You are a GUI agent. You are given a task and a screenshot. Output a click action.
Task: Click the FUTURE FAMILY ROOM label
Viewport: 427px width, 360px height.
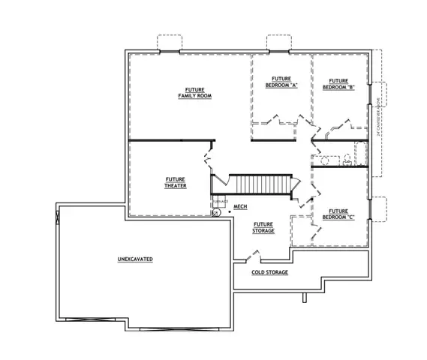coord(194,92)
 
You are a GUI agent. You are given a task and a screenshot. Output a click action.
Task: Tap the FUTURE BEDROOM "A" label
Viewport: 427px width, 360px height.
coord(281,82)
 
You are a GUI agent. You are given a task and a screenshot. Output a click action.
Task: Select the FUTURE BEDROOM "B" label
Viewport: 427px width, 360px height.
coord(338,84)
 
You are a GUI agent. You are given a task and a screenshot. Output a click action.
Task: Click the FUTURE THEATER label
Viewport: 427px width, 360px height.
coord(176,182)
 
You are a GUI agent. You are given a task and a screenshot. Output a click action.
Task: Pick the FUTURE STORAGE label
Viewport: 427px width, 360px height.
coord(263,227)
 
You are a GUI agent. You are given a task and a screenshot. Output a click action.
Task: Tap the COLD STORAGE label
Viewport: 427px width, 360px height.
coord(269,272)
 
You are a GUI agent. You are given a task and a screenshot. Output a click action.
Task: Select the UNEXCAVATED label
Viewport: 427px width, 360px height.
coord(135,259)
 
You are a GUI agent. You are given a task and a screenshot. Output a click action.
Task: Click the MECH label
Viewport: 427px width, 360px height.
coord(240,205)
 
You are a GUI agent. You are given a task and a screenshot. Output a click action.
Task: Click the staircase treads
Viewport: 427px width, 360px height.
coord(259,184)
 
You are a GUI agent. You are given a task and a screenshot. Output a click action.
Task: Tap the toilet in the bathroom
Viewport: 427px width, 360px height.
coord(347,160)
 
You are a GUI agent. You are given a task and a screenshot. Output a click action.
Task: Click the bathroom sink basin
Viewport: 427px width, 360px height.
coord(326,160)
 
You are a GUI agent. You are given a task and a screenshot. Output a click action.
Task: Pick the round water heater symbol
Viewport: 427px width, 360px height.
coord(216,213)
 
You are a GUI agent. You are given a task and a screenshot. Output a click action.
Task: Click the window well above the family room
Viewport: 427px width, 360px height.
coord(169,42)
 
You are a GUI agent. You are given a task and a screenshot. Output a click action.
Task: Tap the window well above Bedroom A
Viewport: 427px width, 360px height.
coord(278,42)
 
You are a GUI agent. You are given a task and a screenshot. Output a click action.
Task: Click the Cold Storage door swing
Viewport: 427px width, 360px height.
coord(242,259)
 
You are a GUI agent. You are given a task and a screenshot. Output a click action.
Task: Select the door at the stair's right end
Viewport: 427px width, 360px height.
coord(297,183)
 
